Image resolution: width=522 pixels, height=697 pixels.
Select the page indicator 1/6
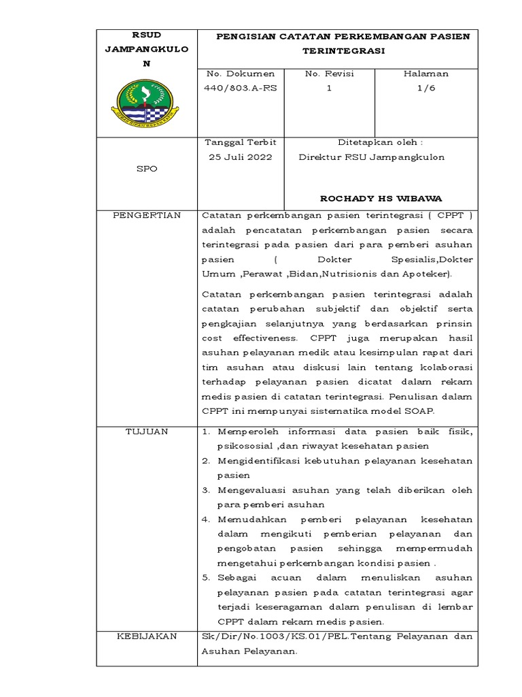(x=426, y=88)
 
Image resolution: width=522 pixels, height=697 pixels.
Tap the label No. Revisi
(x=330, y=74)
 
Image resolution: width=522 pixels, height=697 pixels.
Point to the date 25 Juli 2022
(x=239, y=157)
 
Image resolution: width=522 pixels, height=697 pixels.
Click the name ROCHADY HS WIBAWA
(x=381, y=199)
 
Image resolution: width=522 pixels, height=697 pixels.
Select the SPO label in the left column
(x=146, y=169)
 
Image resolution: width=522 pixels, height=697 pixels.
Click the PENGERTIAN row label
(x=147, y=216)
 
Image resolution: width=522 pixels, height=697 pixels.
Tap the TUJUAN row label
(x=147, y=432)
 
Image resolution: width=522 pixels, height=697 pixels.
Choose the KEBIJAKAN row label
(x=147, y=636)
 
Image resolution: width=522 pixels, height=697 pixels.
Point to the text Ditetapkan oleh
(x=380, y=142)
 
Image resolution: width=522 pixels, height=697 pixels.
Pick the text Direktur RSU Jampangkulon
(x=372, y=157)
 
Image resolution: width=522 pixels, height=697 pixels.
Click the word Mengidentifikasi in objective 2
(x=261, y=461)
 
